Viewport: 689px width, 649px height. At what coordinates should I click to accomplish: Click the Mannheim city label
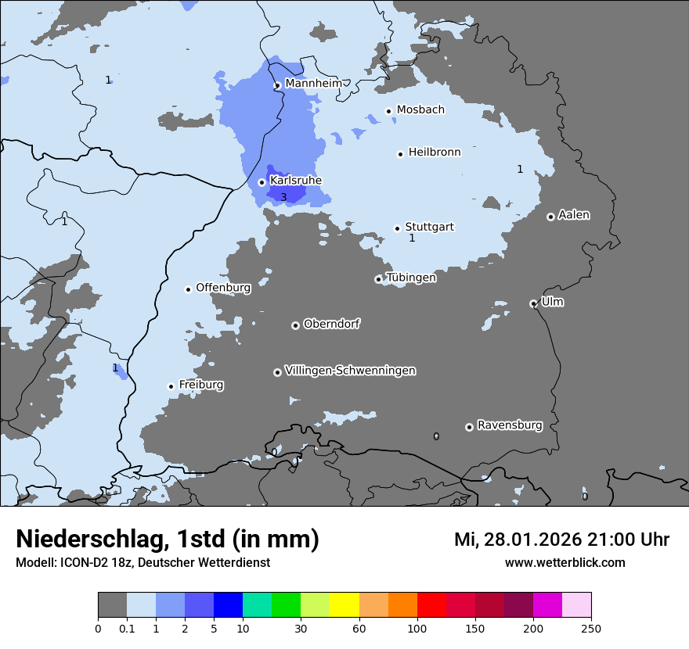[x=313, y=83]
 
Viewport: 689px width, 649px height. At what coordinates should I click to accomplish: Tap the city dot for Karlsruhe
[x=262, y=182]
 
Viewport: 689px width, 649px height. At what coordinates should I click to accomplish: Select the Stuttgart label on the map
[x=429, y=227]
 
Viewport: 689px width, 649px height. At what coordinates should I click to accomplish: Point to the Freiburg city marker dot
[x=171, y=386]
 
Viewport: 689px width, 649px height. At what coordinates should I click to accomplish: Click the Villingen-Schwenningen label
[x=350, y=371]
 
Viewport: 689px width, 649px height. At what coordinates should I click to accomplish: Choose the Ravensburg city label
[x=510, y=425]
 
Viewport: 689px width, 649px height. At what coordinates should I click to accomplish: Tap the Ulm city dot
[x=533, y=303]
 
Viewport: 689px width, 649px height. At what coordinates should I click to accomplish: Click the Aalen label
[x=574, y=214]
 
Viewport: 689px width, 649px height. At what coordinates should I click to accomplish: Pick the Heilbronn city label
[x=435, y=152]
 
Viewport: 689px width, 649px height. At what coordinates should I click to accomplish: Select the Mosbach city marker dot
[x=388, y=111]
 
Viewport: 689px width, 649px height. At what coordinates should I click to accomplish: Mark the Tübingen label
[x=411, y=278]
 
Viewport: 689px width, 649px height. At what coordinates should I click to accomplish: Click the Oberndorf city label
[x=332, y=324]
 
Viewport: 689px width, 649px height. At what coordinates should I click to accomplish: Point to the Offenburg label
[x=223, y=287]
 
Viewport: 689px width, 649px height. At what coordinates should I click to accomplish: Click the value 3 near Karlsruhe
[x=283, y=197]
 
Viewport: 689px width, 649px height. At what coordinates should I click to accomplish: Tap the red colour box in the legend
[x=431, y=605]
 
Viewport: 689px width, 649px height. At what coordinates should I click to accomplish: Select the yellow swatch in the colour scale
[x=344, y=605]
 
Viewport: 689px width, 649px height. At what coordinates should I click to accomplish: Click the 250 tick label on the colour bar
[x=591, y=628]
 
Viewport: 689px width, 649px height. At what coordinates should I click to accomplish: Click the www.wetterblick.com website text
[x=565, y=562]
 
